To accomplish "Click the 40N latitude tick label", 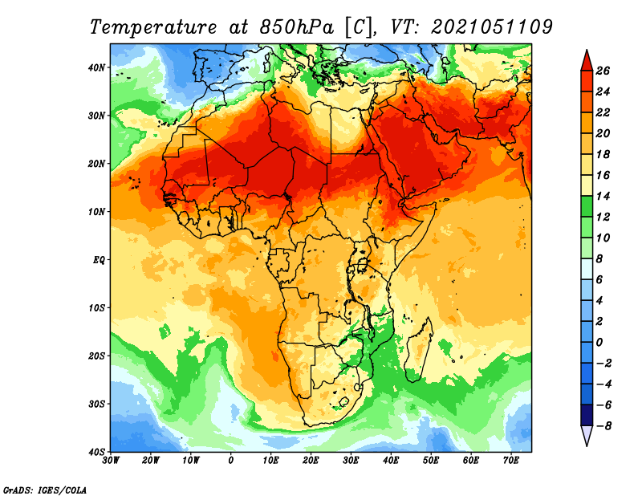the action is (x=96, y=67).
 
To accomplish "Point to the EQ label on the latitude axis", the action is (x=99, y=260).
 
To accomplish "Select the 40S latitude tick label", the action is (x=96, y=452).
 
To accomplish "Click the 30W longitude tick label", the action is (x=111, y=461).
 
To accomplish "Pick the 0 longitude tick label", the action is (x=231, y=461).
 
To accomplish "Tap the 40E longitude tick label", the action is (x=391, y=461).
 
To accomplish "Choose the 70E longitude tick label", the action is (x=511, y=461).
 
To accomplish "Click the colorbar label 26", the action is (x=603, y=71).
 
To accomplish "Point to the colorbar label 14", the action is (x=603, y=196).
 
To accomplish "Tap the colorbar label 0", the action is (x=599, y=343).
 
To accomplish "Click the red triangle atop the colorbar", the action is (x=587, y=61).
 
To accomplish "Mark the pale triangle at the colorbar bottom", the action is (x=587, y=435).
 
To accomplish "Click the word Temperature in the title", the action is (x=152, y=28).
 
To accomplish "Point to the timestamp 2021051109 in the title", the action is (x=492, y=27).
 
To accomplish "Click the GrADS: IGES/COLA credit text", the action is (x=45, y=490).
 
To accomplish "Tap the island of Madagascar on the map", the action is (x=418, y=349).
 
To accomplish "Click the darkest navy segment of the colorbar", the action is (x=587, y=415).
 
